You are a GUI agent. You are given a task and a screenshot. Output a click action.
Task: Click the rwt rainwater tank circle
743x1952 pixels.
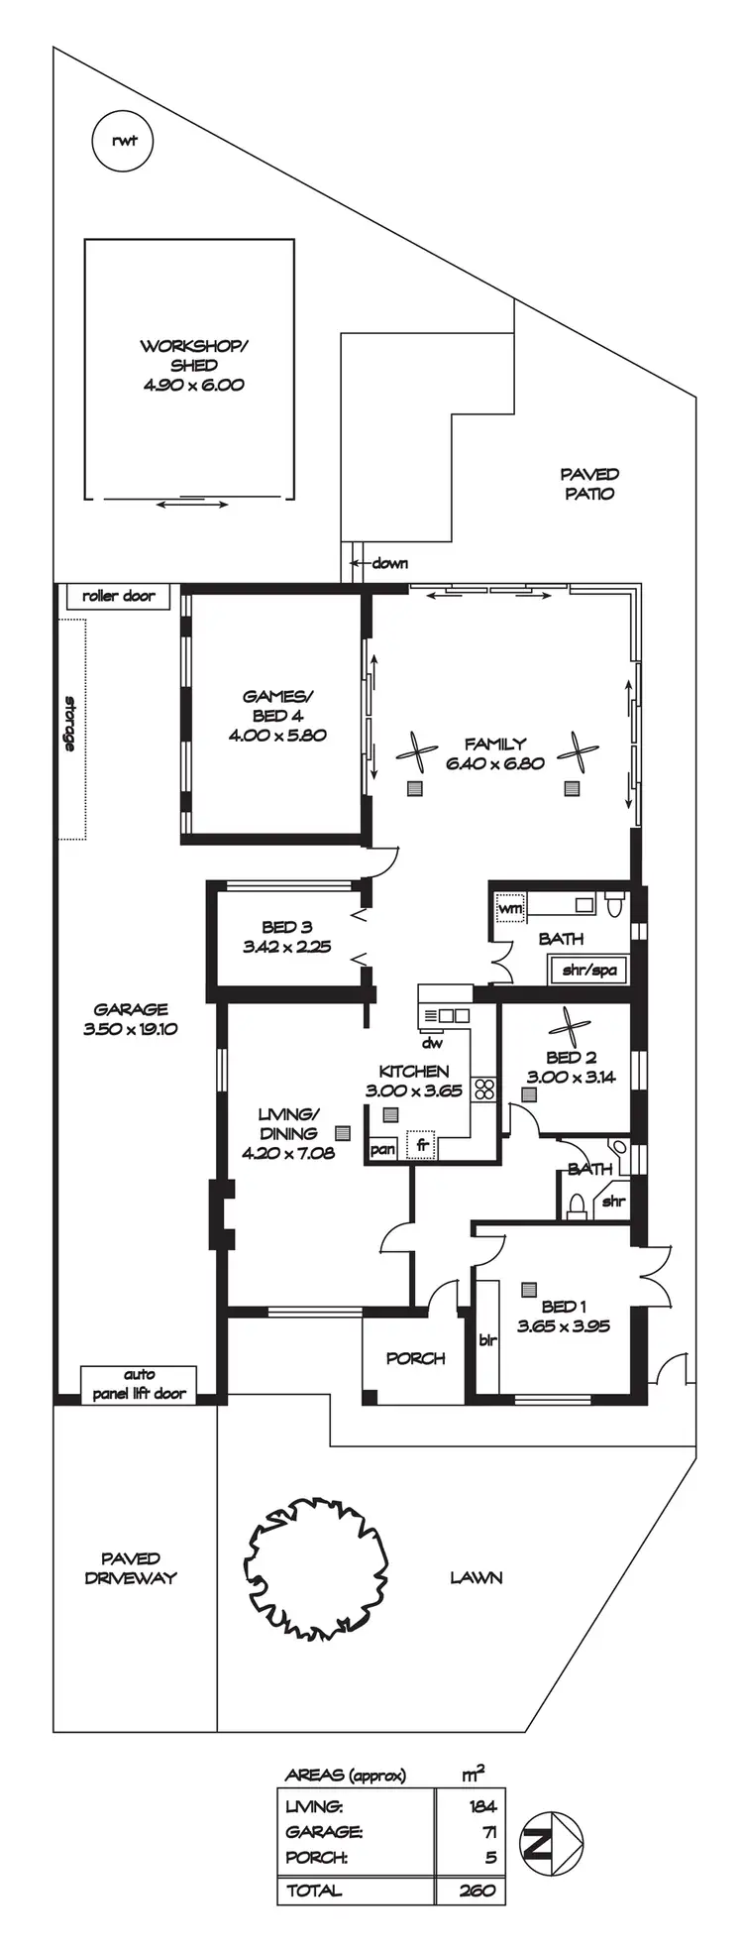tap(124, 141)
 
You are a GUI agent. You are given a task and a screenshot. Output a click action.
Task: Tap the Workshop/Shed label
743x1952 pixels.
tap(194, 356)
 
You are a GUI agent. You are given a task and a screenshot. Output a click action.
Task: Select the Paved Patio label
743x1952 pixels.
tap(589, 484)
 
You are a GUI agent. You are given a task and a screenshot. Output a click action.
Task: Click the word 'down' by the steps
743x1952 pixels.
tap(389, 563)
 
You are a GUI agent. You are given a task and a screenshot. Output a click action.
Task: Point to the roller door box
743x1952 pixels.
tap(119, 596)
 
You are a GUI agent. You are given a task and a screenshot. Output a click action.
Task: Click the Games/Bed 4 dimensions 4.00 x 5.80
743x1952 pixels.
tap(277, 736)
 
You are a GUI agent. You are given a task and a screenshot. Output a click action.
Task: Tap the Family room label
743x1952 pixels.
tap(495, 744)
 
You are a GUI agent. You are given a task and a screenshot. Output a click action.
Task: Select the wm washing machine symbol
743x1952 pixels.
tap(510, 908)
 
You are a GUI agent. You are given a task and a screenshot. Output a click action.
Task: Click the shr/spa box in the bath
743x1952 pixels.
tap(589, 971)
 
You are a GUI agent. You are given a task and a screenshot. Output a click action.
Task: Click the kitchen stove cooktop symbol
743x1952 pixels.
tap(484, 1089)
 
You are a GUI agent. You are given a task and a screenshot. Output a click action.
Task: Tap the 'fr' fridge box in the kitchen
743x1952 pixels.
tap(423, 1145)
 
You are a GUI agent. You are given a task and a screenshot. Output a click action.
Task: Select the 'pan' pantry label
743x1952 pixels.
tap(382, 1150)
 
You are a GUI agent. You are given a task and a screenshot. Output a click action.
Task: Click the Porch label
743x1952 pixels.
tap(415, 1358)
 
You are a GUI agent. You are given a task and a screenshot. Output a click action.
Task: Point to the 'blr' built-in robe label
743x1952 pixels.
tap(487, 1340)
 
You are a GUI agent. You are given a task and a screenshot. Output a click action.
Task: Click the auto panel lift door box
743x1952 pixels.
tap(140, 1384)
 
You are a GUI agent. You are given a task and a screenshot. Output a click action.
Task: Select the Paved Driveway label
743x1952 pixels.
tap(130, 1567)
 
